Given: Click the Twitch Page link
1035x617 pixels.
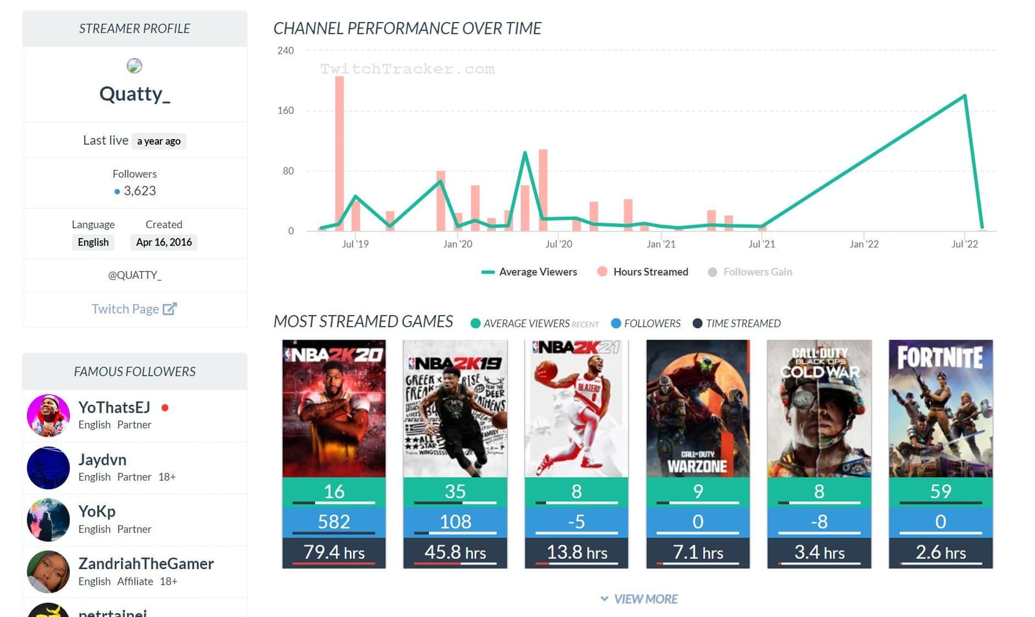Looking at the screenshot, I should [134, 309].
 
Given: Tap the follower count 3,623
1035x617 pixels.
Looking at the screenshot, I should [139, 191].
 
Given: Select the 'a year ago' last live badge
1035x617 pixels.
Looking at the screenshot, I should [158, 141].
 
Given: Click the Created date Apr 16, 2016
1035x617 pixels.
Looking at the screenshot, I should [164, 242].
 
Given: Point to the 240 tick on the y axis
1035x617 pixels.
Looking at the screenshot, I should [285, 50].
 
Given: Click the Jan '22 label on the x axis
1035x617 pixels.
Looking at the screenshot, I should [864, 244].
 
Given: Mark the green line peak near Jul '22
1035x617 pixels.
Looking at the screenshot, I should [964, 96].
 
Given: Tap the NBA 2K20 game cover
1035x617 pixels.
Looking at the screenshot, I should [334, 408].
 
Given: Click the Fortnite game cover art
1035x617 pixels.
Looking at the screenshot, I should [941, 408].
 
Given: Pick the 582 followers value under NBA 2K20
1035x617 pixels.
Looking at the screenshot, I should [334, 521].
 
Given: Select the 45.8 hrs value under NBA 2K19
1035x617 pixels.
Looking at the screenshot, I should [455, 552].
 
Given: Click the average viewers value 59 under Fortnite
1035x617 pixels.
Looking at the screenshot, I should [941, 491].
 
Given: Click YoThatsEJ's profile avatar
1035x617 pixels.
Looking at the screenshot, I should [48, 415].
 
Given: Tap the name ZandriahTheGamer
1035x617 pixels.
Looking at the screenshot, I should [146, 563].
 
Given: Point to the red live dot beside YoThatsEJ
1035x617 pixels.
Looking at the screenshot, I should [165, 407].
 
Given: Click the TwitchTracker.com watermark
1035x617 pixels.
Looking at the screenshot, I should [408, 69].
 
